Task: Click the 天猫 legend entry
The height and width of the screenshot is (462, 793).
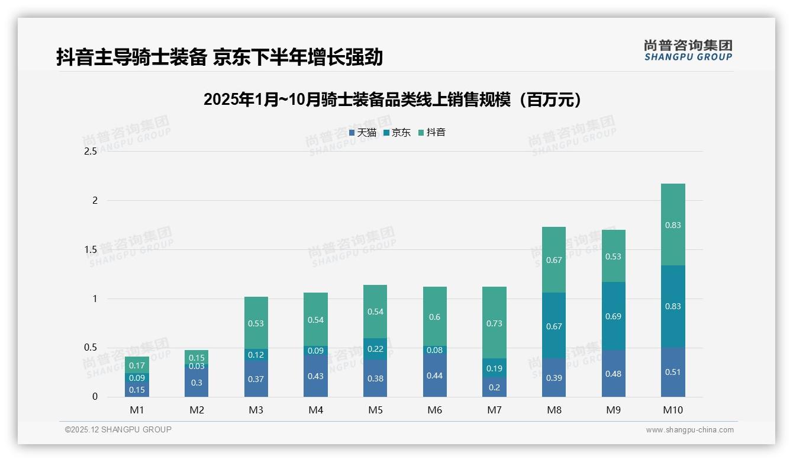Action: pyautogui.click(x=363, y=133)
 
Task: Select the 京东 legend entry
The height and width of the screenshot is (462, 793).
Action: pyautogui.click(x=397, y=133)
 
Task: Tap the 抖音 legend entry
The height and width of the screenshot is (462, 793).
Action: pyautogui.click(x=432, y=133)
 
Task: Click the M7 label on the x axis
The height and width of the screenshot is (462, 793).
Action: pyautogui.click(x=494, y=410)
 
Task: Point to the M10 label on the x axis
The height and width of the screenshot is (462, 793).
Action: pyautogui.click(x=673, y=410)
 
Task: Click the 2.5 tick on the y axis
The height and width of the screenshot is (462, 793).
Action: pyautogui.click(x=91, y=152)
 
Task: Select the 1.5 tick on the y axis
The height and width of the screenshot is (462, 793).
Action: pyautogui.click(x=91, y=249)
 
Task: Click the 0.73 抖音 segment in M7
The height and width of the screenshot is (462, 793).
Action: pyautogui.click(x=494, y=323)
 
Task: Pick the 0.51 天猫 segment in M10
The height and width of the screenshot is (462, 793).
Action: pyautogui.click(x=673, y=372)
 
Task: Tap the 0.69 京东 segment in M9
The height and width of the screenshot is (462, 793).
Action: pyautogui.click(x=613, y=316)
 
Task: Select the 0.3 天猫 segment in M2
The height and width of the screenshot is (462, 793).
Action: pyautogui.click(x=196, y=383)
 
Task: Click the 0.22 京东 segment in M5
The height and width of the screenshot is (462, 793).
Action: pyautogui.click(x=375, y=349)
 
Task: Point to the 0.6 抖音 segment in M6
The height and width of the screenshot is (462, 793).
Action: pyautogui.click(x=434, y=317)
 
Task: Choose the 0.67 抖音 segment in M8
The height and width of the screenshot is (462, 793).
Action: pyautogui.click(x=554, y=260)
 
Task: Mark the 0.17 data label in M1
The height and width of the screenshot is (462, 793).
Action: pyautogui.click(x=137, y=365)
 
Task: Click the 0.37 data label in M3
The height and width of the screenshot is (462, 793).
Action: pyautogui.click(x=256, y=379)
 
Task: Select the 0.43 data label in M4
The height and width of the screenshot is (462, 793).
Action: pyautogui.click(x=315, y=376)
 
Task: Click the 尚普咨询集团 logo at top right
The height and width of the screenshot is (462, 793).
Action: pyautogui.click(x=688, y=50)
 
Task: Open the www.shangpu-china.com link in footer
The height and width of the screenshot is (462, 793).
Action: pyautogui.click(x=689, y=430)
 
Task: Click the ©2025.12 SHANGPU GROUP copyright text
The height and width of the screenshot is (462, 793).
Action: pyautogui.click(x=118, y=429)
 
